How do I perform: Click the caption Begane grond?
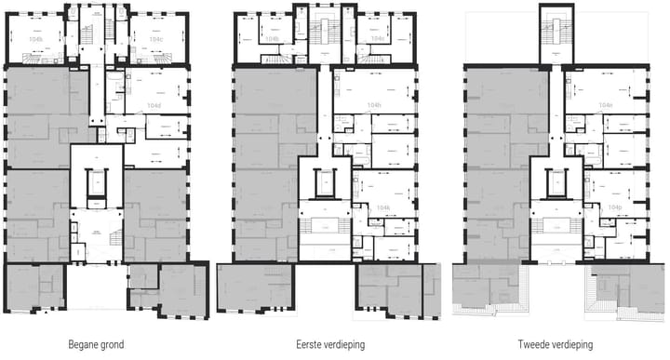[x=96, y=344]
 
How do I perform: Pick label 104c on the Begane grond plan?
[x=155, y=40]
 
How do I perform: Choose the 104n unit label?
[x=606, y=104]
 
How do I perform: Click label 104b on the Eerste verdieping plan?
[x=272, y=40]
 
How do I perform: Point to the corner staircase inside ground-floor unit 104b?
[x=34, y=59]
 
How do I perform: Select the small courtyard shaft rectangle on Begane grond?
[x=96, y=187]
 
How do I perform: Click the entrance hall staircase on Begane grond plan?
[x=114, y=238]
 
